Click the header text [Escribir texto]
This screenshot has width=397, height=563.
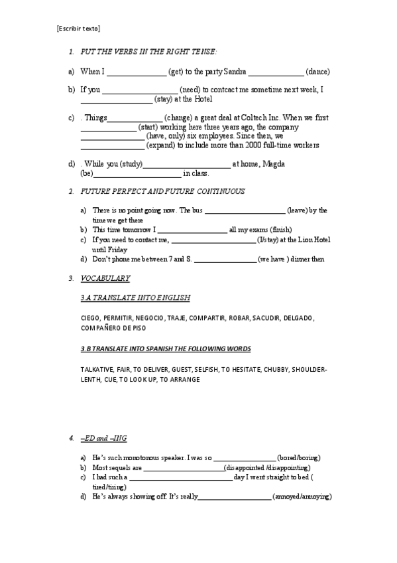pos(78,28)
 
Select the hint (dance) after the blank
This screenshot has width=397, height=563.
pos(317,72)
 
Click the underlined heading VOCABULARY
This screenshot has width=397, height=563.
pos(105,278)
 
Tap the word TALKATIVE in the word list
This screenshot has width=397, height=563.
pos(97,369)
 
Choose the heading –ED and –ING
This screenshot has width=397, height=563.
pos(103,439)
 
